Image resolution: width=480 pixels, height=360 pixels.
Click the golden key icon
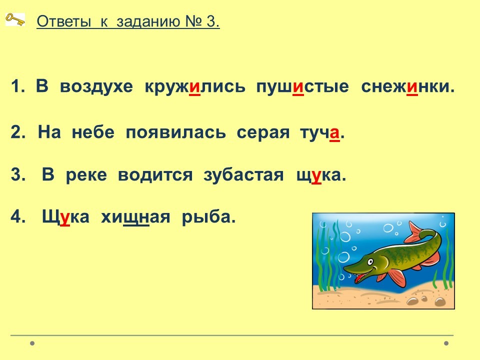tap(15, 19)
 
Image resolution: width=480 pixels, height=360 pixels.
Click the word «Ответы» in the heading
tap(64, 21)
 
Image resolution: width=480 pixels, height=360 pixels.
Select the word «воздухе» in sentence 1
tap(96, 86)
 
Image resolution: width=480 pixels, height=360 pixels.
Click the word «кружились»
tap(195, 87)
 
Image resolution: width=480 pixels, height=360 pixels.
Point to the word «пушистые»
tap(302, 87)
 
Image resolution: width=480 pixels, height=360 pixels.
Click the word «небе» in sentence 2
tap(93, 132)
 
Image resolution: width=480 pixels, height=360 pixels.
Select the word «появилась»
tap(175, 133)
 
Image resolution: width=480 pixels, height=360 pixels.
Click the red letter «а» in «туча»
tap(334, 133)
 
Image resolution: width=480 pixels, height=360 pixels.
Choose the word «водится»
tap(155, 175)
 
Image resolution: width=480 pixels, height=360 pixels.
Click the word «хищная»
tap(135, 217)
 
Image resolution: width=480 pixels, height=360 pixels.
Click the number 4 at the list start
tap(16, 216)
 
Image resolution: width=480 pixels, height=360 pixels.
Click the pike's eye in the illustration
tap(370, 262)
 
